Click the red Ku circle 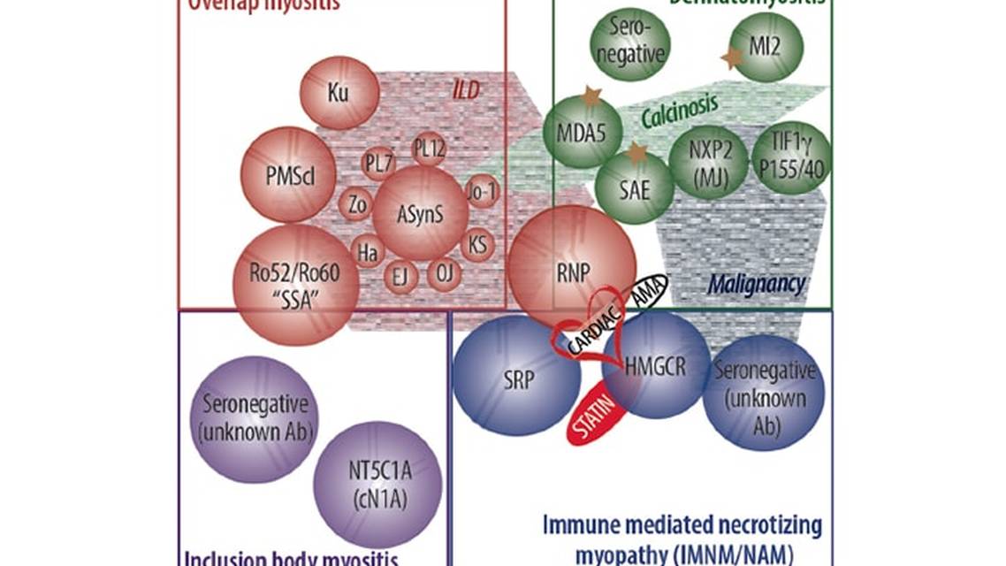(339, 92)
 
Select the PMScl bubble (289, 174)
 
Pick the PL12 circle (429, 148)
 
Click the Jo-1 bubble (483, 191)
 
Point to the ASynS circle (419, 213)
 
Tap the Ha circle (367, 252)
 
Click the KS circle (477, 243)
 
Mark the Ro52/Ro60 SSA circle (295, 283)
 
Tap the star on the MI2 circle (732, 58)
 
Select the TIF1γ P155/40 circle (789, 157)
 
